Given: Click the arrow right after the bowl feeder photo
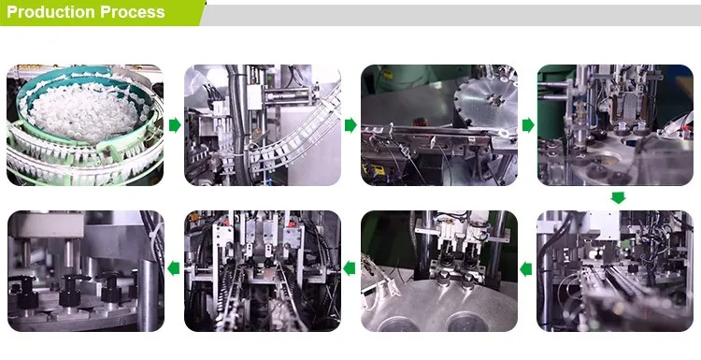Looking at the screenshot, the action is point(175,125).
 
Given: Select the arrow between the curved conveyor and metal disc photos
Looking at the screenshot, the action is point(350,125).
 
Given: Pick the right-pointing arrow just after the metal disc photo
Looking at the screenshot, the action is point(528,125).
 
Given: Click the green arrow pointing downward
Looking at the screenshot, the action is point(619,197).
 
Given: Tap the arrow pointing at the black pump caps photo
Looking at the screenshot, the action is point(174,268).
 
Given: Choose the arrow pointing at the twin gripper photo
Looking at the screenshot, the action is point(526,269).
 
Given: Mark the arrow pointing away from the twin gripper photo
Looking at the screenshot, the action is point(350,268).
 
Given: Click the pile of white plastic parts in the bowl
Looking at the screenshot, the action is point(85,112).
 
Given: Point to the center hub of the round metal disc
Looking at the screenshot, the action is point(495,99).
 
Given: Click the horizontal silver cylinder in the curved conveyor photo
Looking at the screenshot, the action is point(285,94).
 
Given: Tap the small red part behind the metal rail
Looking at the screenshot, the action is point(419,122).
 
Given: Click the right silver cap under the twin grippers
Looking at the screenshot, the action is point(468,281).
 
